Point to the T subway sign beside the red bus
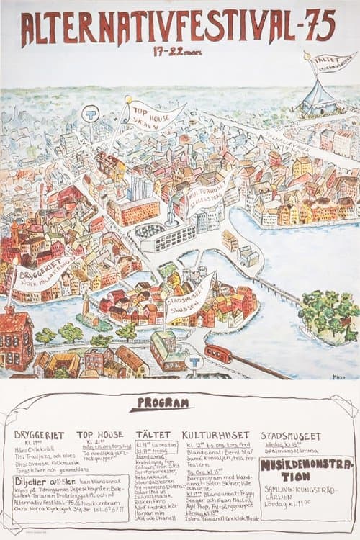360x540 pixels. [x=194, y=361]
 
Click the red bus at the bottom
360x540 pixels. [x=218, y=354]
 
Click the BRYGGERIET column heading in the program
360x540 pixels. [x=39, y=436]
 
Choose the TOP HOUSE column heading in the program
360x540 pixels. [x=99, y=436]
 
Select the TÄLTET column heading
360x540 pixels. [x=153, y=436]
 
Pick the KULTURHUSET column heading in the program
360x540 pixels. [x=206, y=436]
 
